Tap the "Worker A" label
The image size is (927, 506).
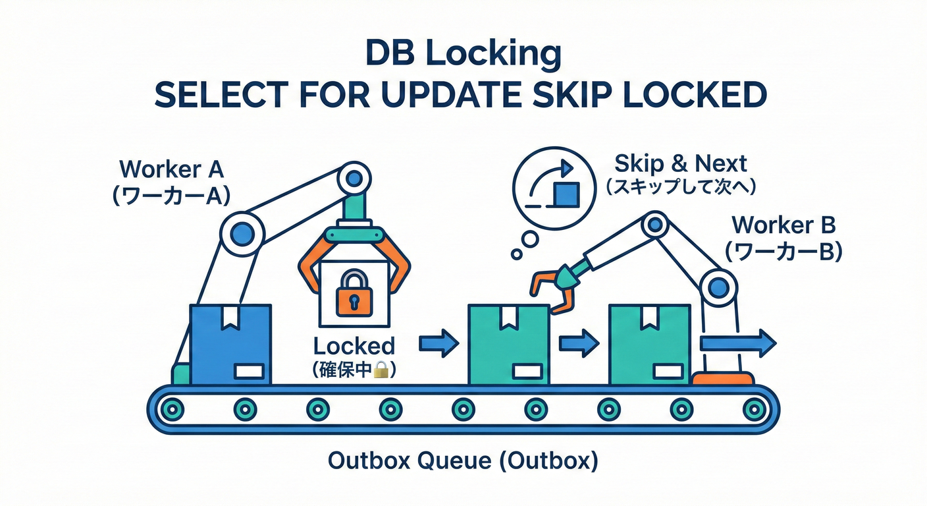[172, 169]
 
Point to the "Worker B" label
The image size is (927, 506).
[783, 225]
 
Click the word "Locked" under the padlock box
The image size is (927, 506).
[354, 346]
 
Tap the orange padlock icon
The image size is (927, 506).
[354, 295]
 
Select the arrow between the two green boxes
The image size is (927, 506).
[579, 343]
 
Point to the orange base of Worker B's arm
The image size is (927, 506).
[723, 378]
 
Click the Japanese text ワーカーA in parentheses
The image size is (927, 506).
[172, 196]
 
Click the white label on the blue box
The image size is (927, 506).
[249, 371]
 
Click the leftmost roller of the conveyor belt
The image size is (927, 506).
[172, 410]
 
